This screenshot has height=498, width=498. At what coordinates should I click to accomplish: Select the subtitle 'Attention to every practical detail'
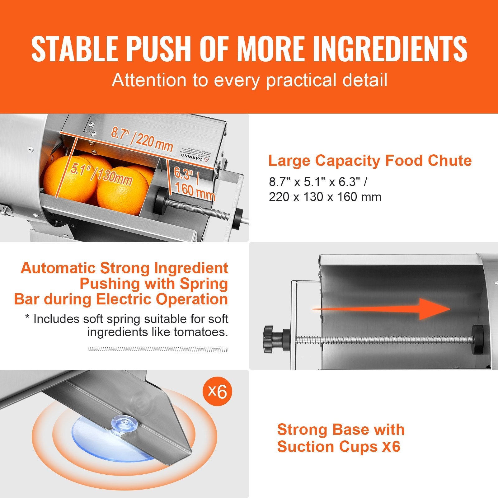[x=249, y=80]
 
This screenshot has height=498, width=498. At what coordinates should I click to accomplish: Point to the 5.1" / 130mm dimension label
[x=101, y=174]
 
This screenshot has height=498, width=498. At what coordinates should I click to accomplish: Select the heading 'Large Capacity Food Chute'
[x=370, y=161]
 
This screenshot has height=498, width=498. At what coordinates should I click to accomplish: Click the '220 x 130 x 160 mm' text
[x=325, y=197]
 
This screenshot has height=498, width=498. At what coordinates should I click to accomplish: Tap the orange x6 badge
[x=217, y=391]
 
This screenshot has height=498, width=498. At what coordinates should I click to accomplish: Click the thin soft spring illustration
[x=158, y=349]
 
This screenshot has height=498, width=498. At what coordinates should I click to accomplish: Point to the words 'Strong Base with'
[x=341, y=430]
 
